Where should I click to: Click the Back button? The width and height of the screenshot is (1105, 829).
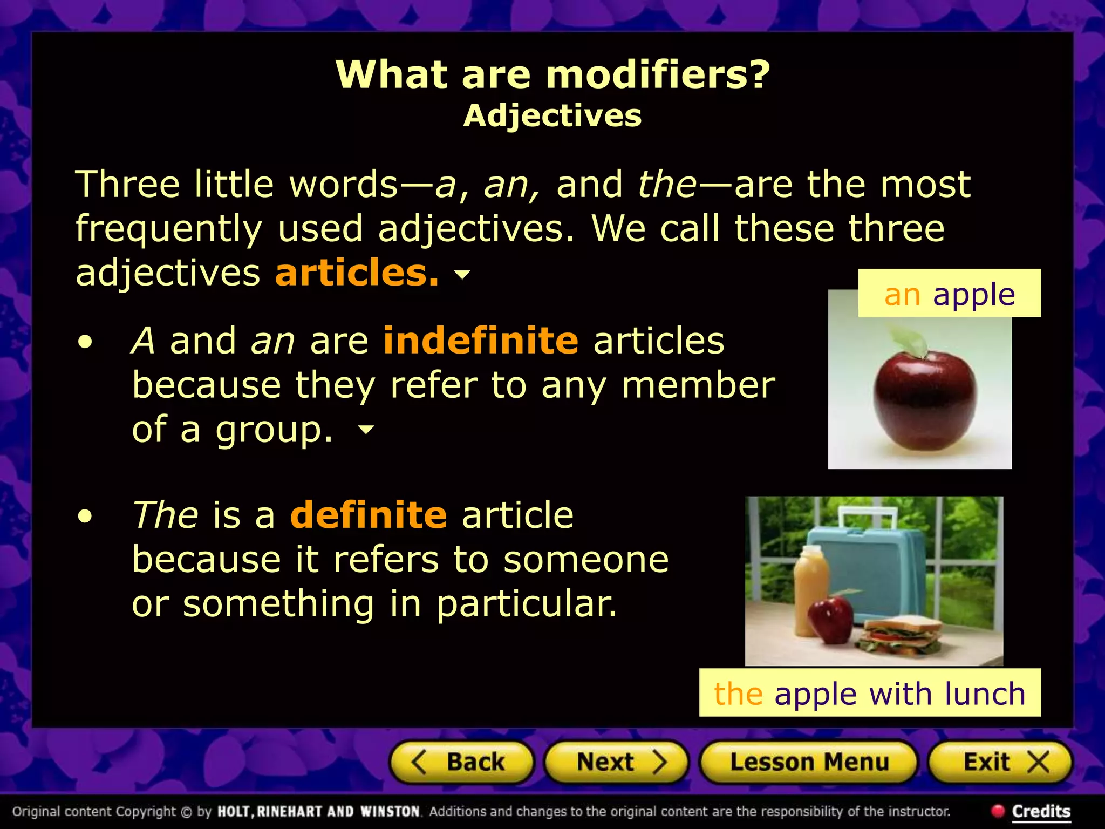pos(461,762)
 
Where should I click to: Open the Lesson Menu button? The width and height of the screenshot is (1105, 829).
pos(809,762)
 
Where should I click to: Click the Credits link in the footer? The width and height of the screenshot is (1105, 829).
pos(1041,811)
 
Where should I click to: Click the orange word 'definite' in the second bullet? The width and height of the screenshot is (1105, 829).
pos(369,515)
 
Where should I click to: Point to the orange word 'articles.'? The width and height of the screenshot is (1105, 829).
pos(357,273)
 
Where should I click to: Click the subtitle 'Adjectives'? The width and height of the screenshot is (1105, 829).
pos(552,115)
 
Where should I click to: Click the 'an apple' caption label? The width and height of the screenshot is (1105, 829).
pos(949,294)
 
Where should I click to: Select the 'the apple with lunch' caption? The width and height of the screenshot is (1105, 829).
pos(869,694)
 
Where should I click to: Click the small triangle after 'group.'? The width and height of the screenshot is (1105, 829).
pos(366,430)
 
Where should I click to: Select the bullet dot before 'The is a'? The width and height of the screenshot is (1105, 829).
pos(85,516)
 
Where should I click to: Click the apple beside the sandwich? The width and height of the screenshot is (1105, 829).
pos(831,620)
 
